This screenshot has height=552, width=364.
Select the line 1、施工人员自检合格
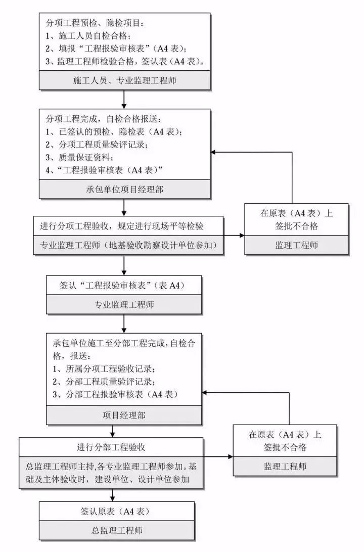(x=88, y=36)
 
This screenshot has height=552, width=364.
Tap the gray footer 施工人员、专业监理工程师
(x=124, y=80)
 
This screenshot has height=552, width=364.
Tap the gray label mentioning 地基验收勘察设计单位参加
(x=128, y=245)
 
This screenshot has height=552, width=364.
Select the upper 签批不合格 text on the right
(x=297, y=226)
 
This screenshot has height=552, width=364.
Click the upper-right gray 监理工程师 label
(x=297, y=245)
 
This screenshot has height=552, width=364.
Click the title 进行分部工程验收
(x=112, y=447)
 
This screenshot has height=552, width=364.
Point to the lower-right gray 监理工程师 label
(x=285, y=466)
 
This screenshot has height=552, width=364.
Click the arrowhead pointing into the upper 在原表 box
(x=241, y=236)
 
